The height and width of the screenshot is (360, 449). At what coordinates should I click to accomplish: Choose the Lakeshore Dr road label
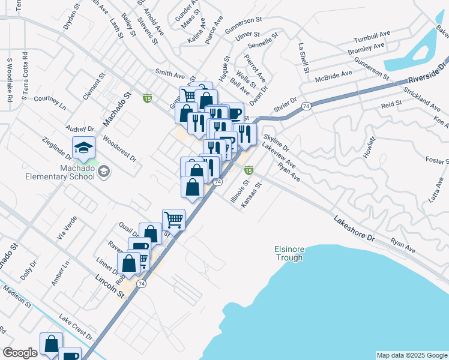pyautogui.click(x=354, y=229)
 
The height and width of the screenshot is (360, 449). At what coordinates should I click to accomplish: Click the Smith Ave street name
pyautogui.click(x=170, y=74)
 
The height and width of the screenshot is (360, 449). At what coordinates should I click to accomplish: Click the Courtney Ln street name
pyautogui.click(x=50, y=102)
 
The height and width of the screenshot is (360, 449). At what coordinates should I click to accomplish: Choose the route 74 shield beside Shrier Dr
pyautogui.click(x=306, y=106)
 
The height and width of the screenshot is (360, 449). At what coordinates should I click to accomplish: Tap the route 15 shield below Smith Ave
pyautogui.click(x=148, y=98)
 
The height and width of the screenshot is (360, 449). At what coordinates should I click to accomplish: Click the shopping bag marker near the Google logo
pyautogui.click(x=52, y=344)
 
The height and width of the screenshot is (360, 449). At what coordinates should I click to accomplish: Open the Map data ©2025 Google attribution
pyautogui.click(x=412, y=355)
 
